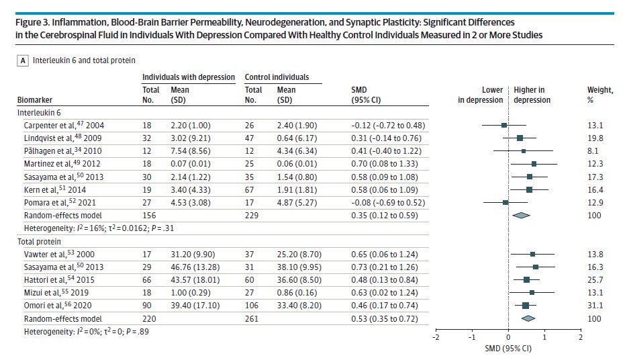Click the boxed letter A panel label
(23, 60)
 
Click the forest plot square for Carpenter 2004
(504, 125)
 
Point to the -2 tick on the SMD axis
(435, 336)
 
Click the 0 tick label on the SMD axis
(508, 336)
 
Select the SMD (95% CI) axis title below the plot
(508, 349)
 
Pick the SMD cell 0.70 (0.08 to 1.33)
(388, 163)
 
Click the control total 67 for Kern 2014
(252, 189)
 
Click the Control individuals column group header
(276, 77)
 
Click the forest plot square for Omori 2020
(526, 306)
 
